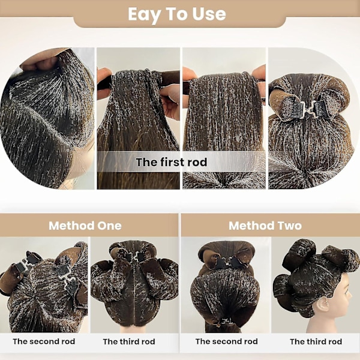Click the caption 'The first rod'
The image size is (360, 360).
(171, 162)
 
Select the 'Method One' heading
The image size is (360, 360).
(85, 226)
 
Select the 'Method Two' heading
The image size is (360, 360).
(265, 226)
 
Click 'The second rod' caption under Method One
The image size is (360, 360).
(44, 341)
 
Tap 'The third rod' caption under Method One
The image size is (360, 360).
(129, 341)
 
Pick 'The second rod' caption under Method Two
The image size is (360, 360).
(227, 341)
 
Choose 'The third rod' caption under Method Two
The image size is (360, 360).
(316, 341)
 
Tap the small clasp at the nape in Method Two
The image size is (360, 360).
(227, 321)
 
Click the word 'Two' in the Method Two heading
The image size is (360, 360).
(290, 226)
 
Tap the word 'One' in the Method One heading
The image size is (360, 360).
(110, 226)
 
